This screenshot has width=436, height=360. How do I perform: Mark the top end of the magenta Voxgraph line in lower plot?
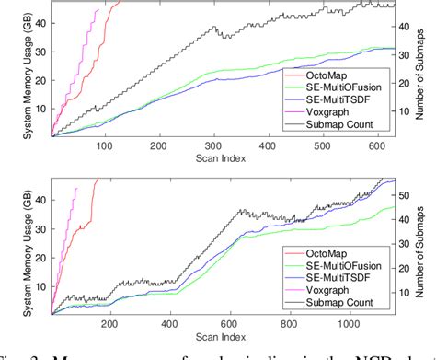click(77, 188)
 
